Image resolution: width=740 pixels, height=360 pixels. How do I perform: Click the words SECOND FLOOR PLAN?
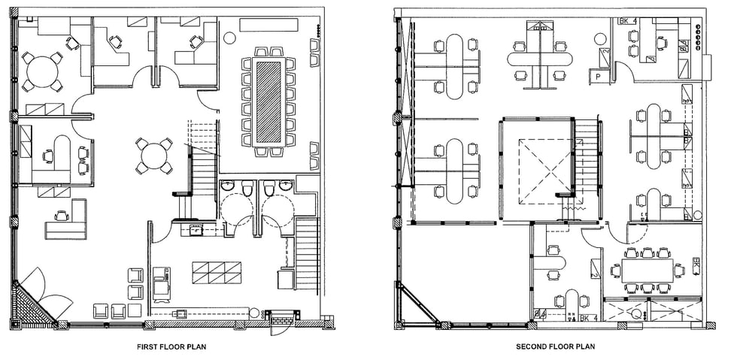pyautogui.click(x=555, y=347)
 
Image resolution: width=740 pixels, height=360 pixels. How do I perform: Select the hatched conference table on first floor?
pyautogui.click(x=269, y=101)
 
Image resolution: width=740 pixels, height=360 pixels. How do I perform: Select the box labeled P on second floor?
pyautogui.click(x=599, y=76)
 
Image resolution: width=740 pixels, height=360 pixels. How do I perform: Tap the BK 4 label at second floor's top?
pyautogui.click(x=628, y=21)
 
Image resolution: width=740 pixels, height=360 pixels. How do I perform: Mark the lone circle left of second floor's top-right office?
pyautogui.click(x=600, y=38)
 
